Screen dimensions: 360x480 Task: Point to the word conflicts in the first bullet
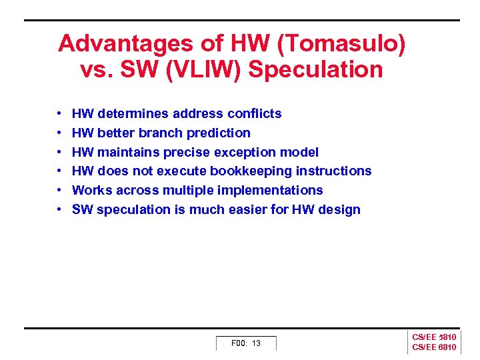(x=256, y=113)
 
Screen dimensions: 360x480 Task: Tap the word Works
(x=91, y=190)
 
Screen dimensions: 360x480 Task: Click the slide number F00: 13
(x=245, y=343)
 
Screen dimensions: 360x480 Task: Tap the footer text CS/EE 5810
(x=434, y=337)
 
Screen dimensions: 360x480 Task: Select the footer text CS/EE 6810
(x=434, y=347)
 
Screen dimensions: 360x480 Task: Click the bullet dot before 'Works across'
(x=59, y=190)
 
